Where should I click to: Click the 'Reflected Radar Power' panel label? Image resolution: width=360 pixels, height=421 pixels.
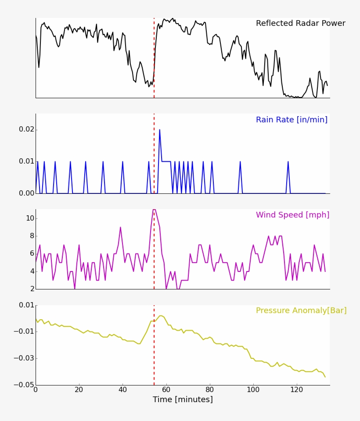pos(300,24)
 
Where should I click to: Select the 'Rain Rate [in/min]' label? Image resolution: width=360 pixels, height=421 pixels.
pos(292,120)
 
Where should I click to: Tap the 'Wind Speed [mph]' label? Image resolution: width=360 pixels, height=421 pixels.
pos(292,215)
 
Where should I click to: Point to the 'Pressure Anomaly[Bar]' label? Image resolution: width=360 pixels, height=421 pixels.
pos(301,310)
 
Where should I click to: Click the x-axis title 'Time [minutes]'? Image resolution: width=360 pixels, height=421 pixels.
pos(183,400)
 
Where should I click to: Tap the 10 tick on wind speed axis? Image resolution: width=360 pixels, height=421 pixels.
pos(29,218)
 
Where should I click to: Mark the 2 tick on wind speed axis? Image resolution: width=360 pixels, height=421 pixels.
pos(32,289)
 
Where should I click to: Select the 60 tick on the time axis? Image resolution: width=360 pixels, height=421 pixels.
pos(166,390)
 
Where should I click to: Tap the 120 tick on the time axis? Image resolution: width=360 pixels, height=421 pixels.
pos(297,390)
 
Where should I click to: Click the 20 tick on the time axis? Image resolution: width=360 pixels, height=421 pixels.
pos(79,390)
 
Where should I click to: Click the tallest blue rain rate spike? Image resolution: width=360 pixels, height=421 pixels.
pos(159,130)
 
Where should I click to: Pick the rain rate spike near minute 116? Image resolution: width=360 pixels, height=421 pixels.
pos(288,162)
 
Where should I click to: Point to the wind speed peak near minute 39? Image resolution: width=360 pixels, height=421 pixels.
pos(120,227)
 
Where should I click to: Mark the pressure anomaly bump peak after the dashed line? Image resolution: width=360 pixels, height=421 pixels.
pos(161,316)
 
